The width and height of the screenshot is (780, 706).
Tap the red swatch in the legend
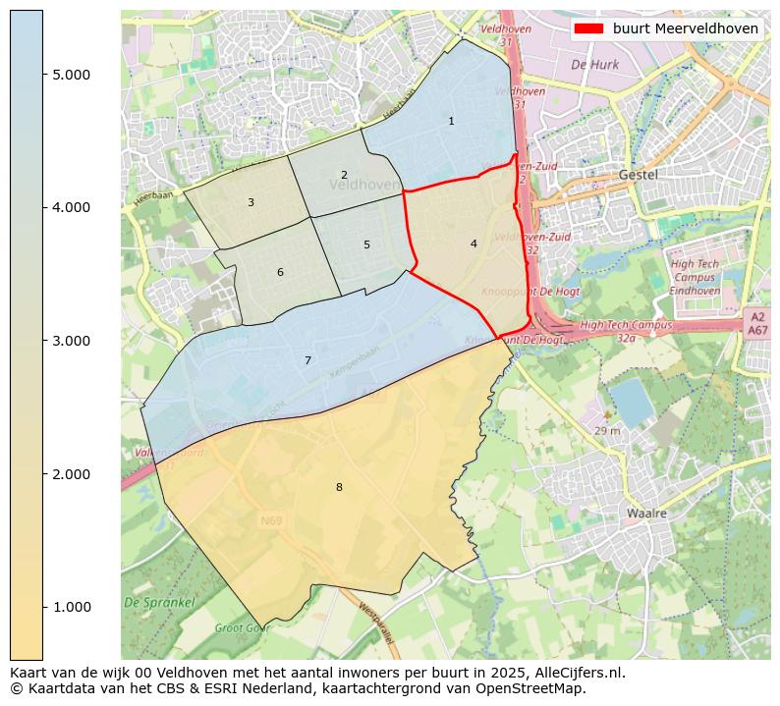pyautogui.click(x=588, y=28)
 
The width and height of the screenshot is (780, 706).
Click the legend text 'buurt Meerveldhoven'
pyautogui.click(x=685, y=28)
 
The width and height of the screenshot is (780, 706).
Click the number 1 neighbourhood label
pyautogui.click(x=451, y=122)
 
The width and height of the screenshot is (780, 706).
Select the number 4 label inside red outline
pyautogui.click(x=474, y=244)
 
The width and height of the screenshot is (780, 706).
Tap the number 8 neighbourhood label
pyautogui.click(x=339, y=487)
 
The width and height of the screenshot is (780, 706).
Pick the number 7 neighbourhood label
pyautogui.click(x=307, y=361)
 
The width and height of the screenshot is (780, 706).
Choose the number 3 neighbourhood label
pyautogui.click(x=251, y=203)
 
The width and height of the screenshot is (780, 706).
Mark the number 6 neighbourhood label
pyautogui.click(x=280, y=273)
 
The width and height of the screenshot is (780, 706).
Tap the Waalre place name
pyautogui.click(x=646, y=514)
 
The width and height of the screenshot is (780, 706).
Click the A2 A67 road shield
pyautogui.click(x=756, y=324)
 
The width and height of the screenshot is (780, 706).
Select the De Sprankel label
pyautogui.click(x=159, y=602)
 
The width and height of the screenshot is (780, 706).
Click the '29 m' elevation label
pyautogui.click(x=607, y=431)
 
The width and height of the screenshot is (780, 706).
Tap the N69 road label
pyautogui.click(x=271, y=519)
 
